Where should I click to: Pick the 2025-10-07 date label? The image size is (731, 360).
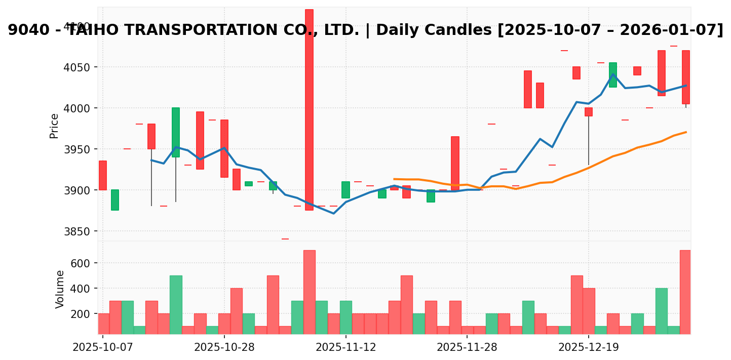click(103, 347)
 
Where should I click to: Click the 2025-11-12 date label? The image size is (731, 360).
click(345, 347)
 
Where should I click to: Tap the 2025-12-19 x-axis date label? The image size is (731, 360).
click(588, 347)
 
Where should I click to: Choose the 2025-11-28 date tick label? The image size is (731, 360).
click(467, 347)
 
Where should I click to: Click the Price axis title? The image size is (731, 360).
click(54, 126)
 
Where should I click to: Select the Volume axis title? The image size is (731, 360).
click(60, 289)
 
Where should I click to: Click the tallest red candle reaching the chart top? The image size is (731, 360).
click(309, 109)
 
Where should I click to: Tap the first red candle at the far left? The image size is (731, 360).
click(103, 175)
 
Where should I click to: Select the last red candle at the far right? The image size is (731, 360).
click(685, 77)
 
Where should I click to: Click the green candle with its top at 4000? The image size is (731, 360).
click(176, 132)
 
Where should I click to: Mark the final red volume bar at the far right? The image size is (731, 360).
click(685, 292)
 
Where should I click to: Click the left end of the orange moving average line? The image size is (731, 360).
click(394, 179)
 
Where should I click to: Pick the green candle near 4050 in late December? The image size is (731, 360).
click(613, 75)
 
